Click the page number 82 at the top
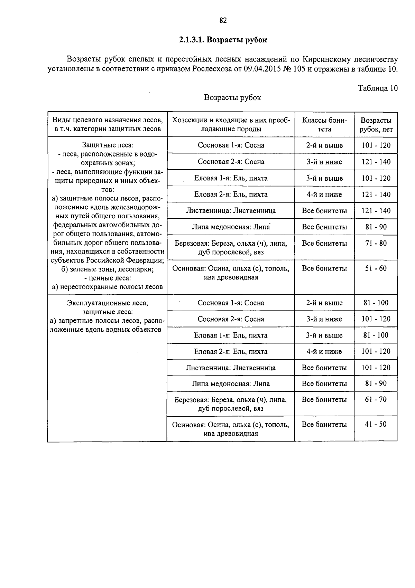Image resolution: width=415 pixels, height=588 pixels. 223,20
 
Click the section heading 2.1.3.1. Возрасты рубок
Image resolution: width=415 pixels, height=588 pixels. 223,40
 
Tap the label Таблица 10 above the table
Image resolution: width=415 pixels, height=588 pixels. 378,88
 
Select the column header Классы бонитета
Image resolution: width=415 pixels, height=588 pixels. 324,124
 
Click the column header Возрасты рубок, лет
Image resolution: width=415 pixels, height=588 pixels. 376,125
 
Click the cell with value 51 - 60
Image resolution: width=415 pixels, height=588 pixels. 376,268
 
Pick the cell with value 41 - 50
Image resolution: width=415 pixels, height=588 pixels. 376,424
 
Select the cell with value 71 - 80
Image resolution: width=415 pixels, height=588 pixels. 376,243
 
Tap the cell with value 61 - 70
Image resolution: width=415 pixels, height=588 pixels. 376,399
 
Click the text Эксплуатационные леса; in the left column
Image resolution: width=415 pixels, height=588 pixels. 108,303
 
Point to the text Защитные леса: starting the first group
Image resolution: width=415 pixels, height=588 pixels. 108,145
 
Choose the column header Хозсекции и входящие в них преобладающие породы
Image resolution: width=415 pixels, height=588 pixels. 231,124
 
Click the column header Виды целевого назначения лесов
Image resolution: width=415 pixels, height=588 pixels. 108,120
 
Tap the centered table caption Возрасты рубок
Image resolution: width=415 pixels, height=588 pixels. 232,97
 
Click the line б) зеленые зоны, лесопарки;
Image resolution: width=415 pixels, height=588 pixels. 108,269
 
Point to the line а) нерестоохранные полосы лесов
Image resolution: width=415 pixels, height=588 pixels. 107,287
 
